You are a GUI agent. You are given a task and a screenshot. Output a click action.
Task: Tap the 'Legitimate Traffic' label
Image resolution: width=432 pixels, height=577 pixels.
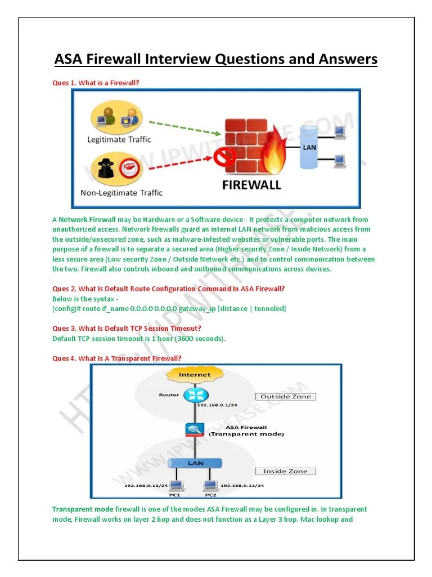(x=119, y=139)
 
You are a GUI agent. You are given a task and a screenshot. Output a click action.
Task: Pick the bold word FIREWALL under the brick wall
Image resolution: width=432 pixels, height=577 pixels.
(x=251, y=185)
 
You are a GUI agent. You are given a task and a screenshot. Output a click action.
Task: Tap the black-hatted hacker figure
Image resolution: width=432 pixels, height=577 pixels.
(x=104, y=168)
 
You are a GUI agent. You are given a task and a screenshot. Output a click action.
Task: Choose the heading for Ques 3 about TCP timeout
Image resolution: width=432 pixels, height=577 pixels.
(x=127, y=329)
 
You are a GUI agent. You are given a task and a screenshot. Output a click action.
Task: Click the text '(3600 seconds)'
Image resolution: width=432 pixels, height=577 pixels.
(x=199, y=339)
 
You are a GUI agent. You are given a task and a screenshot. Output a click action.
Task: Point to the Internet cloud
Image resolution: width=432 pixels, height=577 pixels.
(x=195, y=375)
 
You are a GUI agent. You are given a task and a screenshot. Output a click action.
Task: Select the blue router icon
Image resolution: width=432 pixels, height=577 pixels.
(x=195, y=395)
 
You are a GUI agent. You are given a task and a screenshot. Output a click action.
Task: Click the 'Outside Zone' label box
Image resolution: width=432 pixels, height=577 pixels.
(x=286, y=397)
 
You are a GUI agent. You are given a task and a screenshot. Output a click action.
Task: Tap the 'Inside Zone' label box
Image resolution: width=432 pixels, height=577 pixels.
(x=286, y=471)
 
